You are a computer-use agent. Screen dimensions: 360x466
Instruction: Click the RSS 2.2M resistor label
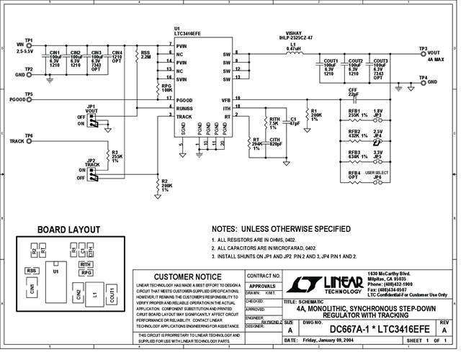[145, 55]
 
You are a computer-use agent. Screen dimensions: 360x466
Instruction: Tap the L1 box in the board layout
[94, 294]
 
